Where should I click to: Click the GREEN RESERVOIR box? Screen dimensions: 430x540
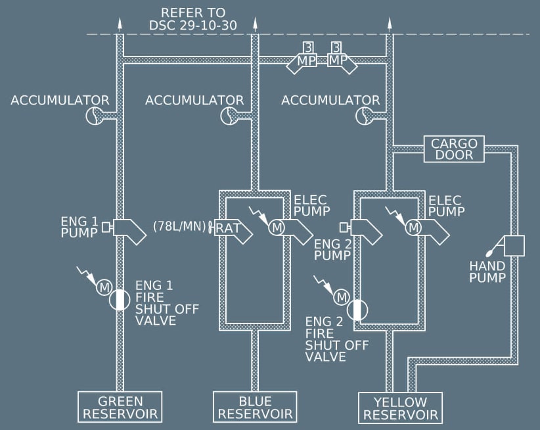(x=120, y=408)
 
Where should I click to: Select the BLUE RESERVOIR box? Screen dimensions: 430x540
(x=255, y=408)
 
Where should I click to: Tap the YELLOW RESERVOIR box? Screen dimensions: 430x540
(x=400, y=408)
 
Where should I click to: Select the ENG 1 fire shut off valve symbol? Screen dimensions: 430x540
(x=120, y=299)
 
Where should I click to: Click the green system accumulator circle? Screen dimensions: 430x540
(x=96, y=116)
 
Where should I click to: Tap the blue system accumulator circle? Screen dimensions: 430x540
(x=231, y=116)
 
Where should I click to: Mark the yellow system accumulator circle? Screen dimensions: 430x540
(x=365, y=116)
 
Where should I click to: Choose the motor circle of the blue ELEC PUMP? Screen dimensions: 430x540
(x=277, y=227)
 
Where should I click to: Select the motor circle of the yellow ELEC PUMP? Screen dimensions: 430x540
(x=413, y=227)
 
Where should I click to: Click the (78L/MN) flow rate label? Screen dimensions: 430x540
(x=178, y=226)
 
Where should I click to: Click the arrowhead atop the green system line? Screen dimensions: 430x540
(x=120, y=23)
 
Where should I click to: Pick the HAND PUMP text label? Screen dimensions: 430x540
(x=487, y=272)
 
